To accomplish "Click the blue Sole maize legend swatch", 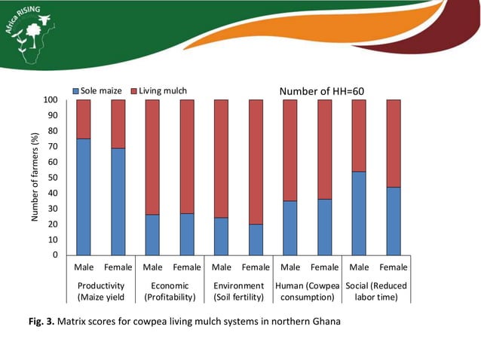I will (x=75, y=91).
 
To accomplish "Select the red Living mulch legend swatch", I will (x=134, y=91).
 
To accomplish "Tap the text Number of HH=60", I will (x=322, y=91).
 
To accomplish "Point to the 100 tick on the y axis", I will (x=52, y=99).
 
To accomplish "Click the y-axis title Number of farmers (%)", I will (x=34, y=178).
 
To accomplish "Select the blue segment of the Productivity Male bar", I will (x=84, y=197).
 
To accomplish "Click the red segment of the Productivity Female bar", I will (x=118, y=124).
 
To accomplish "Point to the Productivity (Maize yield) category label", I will (x=100, y=291).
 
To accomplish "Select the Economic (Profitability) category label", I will (x=170, y=291).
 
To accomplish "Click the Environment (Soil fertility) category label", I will (x=238, y=291).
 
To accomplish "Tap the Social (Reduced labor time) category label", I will (x=375, y=291).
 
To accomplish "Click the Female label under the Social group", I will (x=393, y=267).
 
